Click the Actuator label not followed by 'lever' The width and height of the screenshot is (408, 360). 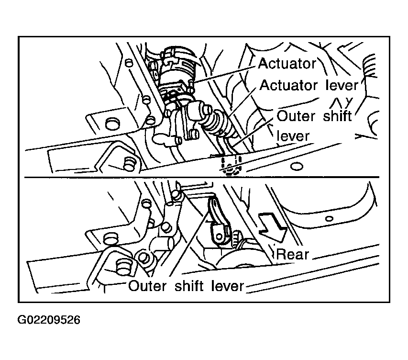point(287,64)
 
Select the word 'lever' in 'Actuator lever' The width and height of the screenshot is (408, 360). point(342,85)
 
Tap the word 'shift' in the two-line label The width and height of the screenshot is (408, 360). point(337,116)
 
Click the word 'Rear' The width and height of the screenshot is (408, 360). point(292,254)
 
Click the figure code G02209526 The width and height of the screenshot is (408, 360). point(49,320)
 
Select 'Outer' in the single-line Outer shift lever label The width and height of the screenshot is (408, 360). point(147,286)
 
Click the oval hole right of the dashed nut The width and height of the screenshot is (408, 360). point(297,166)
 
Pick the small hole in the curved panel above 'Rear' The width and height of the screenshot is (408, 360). point(330,219)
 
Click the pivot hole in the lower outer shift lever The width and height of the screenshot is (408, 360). point(220,236)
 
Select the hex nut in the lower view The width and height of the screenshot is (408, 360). point(143,258)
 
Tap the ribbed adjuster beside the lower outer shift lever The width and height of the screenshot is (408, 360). point(237,238)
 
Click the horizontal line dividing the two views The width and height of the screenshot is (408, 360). point(202,178)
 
